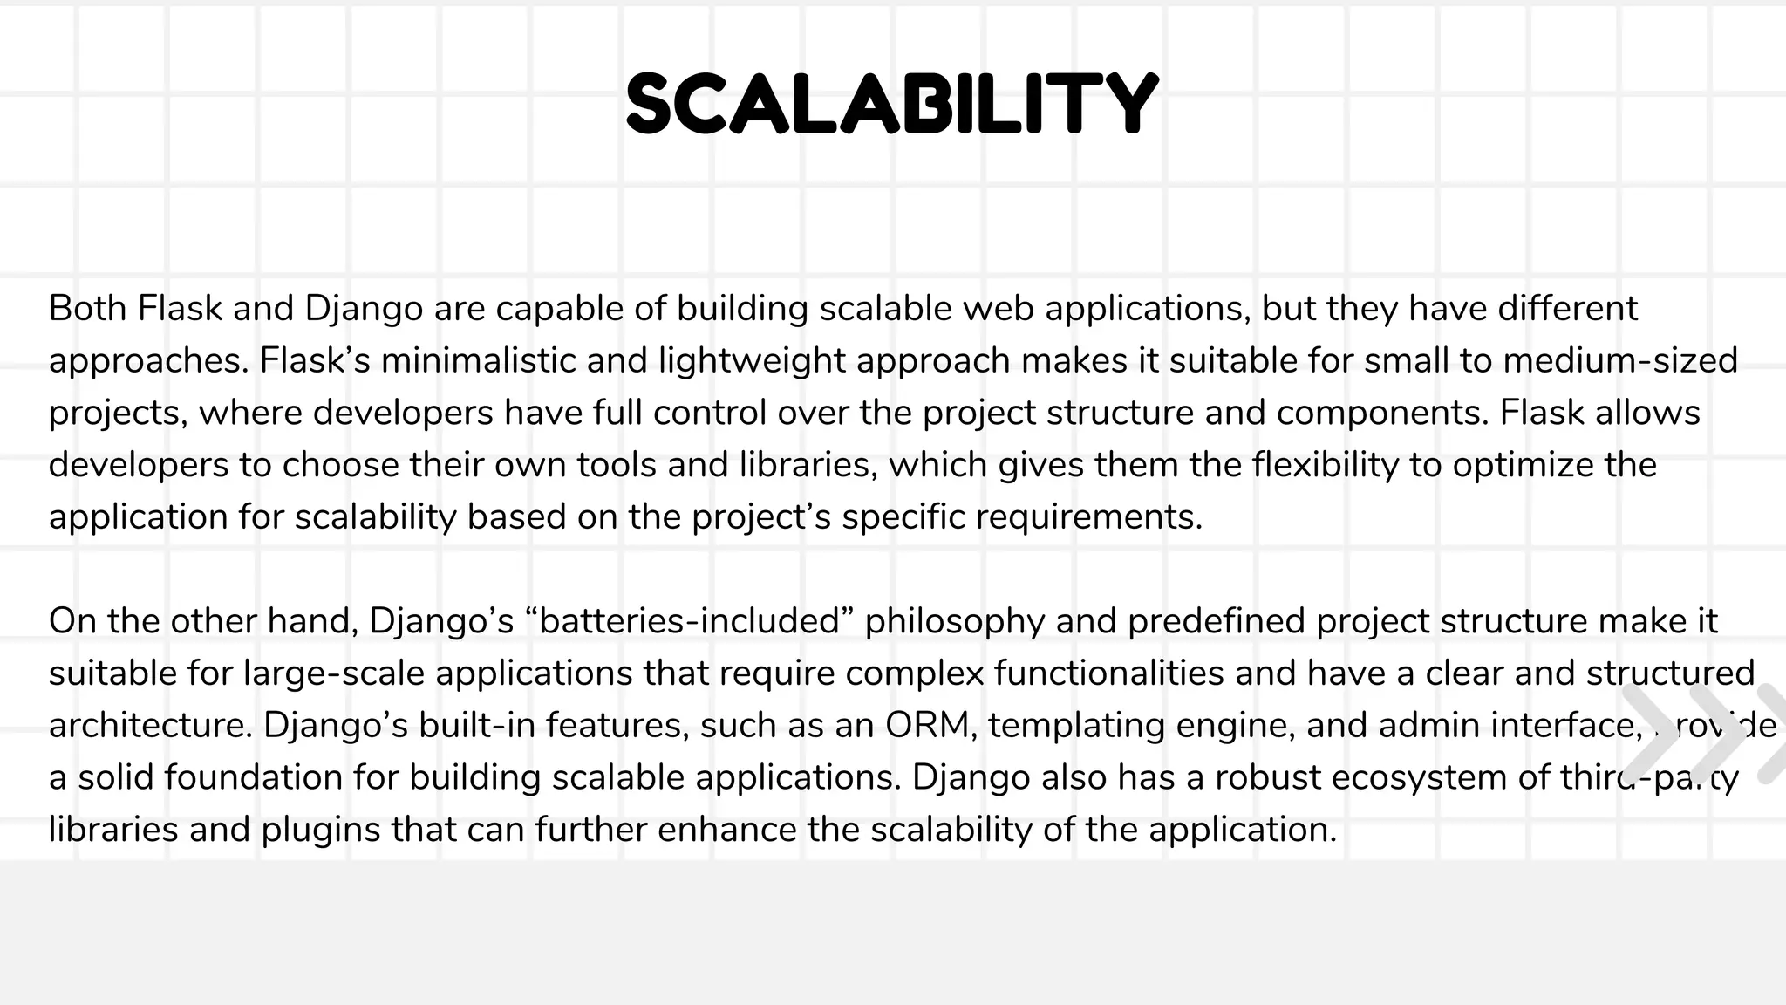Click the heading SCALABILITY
[x=892, y=103]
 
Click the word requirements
[x=1088, y=517]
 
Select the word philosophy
[x=955, y=621]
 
